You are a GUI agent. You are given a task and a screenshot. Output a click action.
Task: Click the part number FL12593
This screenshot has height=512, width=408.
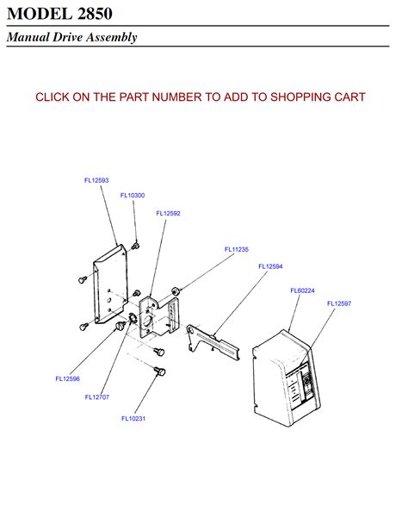click(96, 180)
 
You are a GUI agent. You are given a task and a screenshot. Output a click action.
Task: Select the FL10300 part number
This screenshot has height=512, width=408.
click(133, 196)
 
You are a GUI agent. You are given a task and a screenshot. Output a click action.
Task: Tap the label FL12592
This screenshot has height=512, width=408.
click(168, 213)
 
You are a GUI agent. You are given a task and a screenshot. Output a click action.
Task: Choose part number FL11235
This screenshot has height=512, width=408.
click(237, 249)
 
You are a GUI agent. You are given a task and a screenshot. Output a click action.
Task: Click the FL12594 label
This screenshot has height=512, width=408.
click(270, 266)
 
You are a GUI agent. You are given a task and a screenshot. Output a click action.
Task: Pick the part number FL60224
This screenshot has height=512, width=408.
click(302, 290)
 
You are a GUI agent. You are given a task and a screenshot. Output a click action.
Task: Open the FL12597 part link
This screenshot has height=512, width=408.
click(339, 303)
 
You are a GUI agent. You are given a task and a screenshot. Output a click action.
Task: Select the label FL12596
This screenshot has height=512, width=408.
click(68, 378)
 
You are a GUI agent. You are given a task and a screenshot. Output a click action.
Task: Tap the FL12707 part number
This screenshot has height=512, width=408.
click(97, 397)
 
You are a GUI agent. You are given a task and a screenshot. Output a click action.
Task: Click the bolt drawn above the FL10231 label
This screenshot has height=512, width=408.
click(158, 371)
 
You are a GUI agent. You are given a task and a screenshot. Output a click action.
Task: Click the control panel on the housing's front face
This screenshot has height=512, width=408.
click(303, 384)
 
